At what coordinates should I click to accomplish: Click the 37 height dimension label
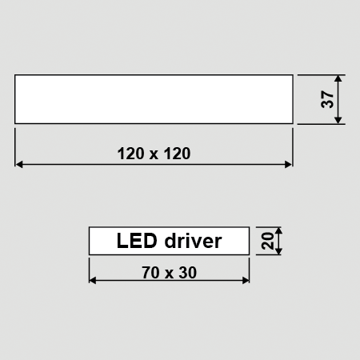[x=327, y=99]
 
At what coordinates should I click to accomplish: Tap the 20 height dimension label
[x=267, y=241]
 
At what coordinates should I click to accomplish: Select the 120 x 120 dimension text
[x=154, y=154]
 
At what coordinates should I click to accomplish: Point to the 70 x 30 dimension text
[x=169, y=273]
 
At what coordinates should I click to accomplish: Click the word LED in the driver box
[x=137, y=241]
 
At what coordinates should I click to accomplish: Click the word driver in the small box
[x=193, y=241]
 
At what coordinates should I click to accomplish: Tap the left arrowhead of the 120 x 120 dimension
[x=19, y=164]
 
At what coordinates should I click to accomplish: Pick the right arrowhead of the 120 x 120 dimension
[x=289, y=164]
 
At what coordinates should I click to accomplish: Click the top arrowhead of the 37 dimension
[x=338, y=78]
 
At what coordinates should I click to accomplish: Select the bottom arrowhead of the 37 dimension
[x=338, y=120]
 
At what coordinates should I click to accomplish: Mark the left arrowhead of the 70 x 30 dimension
[x=93, y=280]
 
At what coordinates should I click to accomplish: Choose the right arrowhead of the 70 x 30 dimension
[x=246, y=280]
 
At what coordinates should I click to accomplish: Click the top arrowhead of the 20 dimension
[x=278, y=231]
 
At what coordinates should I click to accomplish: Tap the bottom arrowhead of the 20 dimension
[x=278, y=251]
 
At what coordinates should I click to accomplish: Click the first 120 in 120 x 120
[x=130, y=154]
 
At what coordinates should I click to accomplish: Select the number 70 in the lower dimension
[x=151, y=273]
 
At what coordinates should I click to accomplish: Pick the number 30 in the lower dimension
[x=188, y=273]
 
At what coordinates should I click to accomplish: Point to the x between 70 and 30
[x=169, y=274]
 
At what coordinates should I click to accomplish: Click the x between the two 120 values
[x=154, y=155]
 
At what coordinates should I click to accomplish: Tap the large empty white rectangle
[x=154, y=99]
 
